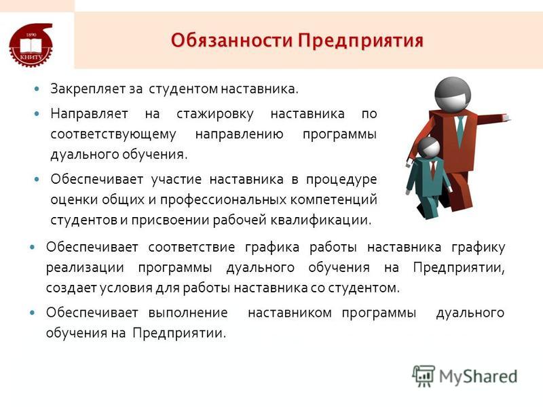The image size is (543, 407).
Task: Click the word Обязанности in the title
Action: pyautogui.click(x=231, y=41)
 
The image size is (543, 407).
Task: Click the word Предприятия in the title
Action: pyautogui.click(x=361, y=41)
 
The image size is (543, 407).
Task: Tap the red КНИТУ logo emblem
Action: pyautogui.click(x=31, y=45)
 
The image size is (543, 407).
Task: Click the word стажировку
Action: pyautogui.click(x=215, y=114)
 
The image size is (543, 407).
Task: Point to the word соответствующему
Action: pyautogui.click(x=113, y=134)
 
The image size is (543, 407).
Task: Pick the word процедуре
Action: pyautogui.click(x=341, y=180)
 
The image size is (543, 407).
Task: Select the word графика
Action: pyautogui.click(x=272, y=248)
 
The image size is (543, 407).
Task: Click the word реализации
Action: pyautogui.click(x=85, y=268)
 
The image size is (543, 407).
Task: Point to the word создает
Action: pyautogui.click(x=71, y=288)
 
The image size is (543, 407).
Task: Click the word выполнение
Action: pyautogui.click(x=188, y=313)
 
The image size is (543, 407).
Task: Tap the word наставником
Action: pyautogui.click(x=290, y=313)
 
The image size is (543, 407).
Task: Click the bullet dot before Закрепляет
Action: pyautogui.click(x=37, y=90)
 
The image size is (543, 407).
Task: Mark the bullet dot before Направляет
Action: pyautogui.click(x=37, y=113)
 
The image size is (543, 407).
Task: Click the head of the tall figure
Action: pyautogui.click(x=453, y=94)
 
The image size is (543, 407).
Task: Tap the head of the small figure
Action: pyautogui.click(x=429, y=147)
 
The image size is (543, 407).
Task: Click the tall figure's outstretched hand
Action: pyautogui.click(x=506, y=117)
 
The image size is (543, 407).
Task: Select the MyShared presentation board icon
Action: pyautogui.click(x=424, y=376)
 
